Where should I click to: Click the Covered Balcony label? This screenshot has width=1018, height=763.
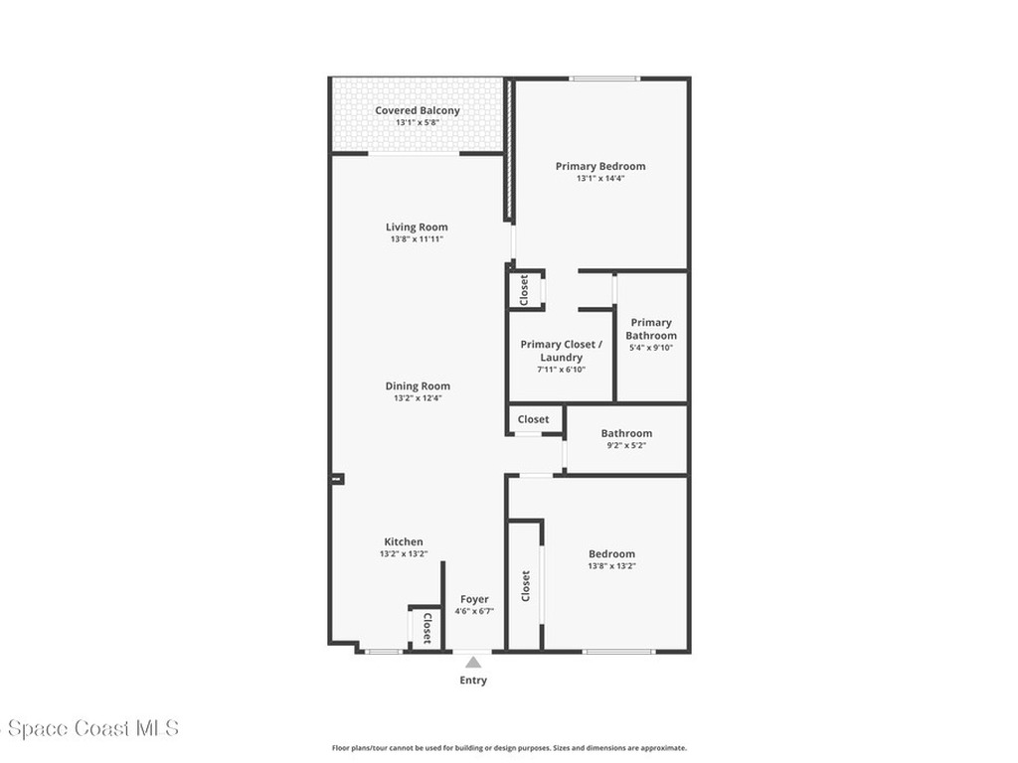point(418,110)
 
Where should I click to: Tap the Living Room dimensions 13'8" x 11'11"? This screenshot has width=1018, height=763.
point(418,239)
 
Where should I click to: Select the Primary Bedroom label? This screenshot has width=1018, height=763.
point(600,166)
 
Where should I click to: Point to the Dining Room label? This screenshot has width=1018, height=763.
point(418,385)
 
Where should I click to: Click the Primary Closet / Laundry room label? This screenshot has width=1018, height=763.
point(562,351)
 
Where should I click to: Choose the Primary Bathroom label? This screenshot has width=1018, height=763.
point(651,329)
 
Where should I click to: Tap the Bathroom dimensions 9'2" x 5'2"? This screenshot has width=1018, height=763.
point(626,446)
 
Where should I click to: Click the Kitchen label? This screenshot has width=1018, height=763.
point(404,541)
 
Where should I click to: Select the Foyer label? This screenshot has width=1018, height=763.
point(473,599)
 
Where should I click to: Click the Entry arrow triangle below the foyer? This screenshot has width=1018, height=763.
point(474,662)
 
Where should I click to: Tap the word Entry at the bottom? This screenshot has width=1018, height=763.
point(473,681)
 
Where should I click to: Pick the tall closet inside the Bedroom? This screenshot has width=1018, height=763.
point(525,586)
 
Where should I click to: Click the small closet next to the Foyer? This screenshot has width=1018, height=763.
point(426,628)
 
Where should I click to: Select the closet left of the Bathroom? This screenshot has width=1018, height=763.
point(534,419)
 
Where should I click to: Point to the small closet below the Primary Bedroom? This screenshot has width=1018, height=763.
point(524,289)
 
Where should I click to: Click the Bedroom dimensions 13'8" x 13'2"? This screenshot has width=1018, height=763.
point(611,566)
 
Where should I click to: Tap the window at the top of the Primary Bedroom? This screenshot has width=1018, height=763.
point(604,78)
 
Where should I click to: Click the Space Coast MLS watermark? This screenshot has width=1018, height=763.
point(89,728)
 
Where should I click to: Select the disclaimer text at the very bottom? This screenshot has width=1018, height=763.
point(509,748)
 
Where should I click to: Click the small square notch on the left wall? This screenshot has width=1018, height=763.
point(337,479)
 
